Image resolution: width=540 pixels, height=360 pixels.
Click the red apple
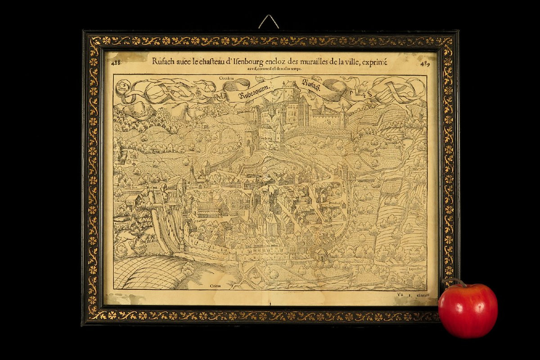coord(468,310)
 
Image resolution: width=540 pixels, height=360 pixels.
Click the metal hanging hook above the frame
coord(269,22)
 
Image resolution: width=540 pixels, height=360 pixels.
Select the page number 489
coord(424,63)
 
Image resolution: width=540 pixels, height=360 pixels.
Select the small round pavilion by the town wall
coord(321,254)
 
